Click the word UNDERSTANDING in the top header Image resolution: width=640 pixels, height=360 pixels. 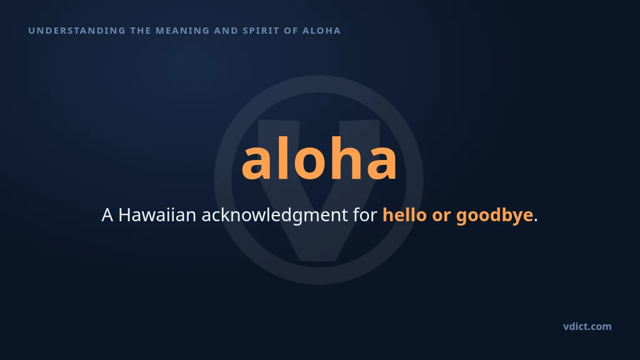click(77, 31)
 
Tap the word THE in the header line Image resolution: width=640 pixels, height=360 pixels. click(141, 31)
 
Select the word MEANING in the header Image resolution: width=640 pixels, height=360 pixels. click(182, 31)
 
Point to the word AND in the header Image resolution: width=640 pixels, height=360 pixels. click(226, 31)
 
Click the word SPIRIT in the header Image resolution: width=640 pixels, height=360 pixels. click(261, 31)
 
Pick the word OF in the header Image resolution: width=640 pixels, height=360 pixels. click(291, 31)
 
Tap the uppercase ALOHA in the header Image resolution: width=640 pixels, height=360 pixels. click(322, 31)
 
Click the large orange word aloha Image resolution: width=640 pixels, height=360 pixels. click(319, 158)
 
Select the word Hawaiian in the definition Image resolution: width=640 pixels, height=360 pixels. click(157, 215)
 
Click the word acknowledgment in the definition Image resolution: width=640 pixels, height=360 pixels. click(275, 216)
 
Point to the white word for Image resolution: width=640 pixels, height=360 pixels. click(365, 214)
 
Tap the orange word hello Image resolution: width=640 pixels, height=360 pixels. click(404, 214)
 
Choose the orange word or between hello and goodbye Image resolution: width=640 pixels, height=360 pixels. click(441, 216)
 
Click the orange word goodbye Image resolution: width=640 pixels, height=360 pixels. click(495, 216)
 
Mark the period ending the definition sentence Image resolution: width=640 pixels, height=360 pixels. click(536, 221)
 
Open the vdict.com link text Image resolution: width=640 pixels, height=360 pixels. click(587, 326)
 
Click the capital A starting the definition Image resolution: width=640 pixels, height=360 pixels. click(107, 215)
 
